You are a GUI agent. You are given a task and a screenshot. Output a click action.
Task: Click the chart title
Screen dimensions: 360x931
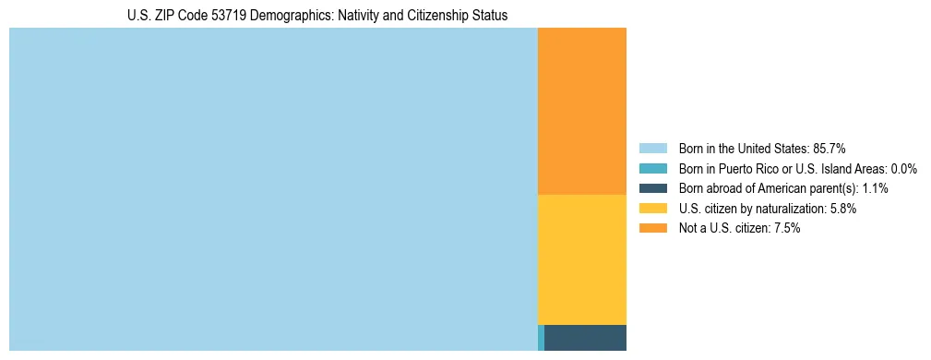click(x=317, y=16)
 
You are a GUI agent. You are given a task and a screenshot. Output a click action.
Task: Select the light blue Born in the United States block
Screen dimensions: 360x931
click(x=273, y=189)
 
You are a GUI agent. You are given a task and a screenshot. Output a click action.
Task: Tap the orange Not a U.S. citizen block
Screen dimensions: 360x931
click(x=581, y=111)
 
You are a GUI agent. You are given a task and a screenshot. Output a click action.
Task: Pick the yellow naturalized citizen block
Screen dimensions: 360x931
click(x=581, y=259)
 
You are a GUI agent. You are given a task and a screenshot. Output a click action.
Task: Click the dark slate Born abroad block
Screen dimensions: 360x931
click(x=585, y=338)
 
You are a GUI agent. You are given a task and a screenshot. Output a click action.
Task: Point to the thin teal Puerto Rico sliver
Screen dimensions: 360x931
click(x=541, y=338)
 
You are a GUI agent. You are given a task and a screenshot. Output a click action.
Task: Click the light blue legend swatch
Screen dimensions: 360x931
click(x=652, y=149)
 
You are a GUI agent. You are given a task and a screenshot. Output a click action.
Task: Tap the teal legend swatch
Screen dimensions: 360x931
click(x=652, y=169)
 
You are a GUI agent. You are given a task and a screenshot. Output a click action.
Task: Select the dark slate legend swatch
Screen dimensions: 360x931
click(x=652, y=188)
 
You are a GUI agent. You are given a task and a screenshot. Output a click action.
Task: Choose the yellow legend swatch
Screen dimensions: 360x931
click(x=652, y=209)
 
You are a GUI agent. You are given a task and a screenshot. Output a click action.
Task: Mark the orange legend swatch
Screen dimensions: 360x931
click(x=652, y=228)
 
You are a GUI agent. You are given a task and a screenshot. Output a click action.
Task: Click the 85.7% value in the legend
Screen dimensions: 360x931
click(x=830, y=149)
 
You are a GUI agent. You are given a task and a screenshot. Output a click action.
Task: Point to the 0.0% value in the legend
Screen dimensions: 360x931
click(x=904, y=169)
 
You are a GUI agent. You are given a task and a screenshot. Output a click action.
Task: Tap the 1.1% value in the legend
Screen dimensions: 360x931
click(x=873, y=188)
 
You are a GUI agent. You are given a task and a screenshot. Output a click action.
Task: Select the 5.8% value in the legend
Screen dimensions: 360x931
click(x=843, y=209)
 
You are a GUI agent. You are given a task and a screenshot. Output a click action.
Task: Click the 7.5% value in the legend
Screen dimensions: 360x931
click(x=787, y=228)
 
